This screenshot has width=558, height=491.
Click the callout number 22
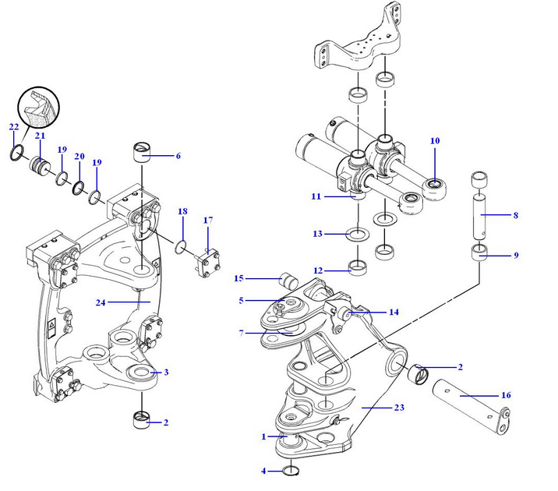coord(13,126)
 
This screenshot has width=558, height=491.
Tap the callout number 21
coord(39,136)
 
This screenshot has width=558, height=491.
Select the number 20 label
coord(79,157)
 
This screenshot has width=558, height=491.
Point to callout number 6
coord(178,156)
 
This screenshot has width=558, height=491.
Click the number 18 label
coord(182,211)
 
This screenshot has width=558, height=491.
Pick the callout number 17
coord(208,221)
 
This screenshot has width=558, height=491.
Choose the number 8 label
coord(515,214)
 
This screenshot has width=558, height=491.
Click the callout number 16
coord(506,395)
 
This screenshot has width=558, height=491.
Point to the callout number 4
coord(264,471)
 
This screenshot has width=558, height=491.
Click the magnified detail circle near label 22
coord(38,108)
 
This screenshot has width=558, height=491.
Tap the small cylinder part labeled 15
coord(291,278)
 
